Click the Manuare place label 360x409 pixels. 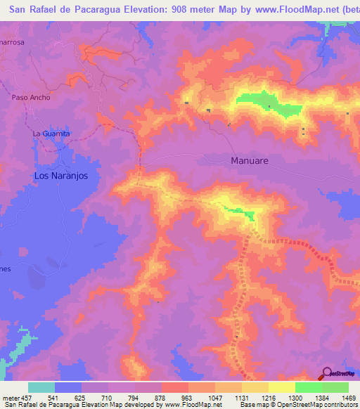250,160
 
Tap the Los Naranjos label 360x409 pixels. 61,176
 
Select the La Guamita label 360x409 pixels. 51,133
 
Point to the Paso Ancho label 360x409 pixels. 31,98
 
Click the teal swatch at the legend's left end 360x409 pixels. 41,387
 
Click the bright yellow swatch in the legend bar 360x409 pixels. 281,387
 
